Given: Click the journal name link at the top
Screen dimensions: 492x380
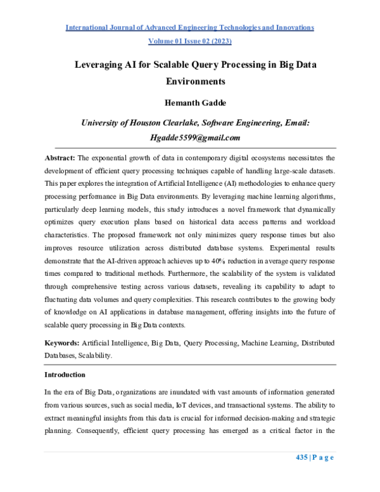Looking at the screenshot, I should click(190, 28).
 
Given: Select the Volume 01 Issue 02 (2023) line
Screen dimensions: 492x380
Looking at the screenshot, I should click(190, 41).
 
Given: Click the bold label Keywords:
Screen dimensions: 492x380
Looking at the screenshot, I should click(62, 342).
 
